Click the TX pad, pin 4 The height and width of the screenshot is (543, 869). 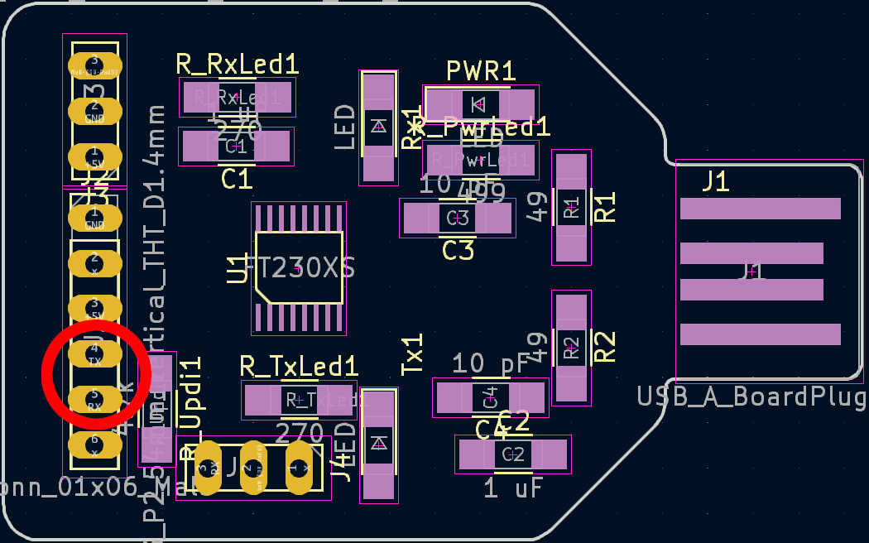(x=94, y=354)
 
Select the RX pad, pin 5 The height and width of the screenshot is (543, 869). (x=94, y=400)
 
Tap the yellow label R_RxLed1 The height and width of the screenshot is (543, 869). (x=238, y=65)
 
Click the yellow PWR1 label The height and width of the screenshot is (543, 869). (x=481, y=71)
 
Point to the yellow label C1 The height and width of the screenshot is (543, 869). (x=237, y=179)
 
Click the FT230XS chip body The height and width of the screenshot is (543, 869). (x=299, y=267)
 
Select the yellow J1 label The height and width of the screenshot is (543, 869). (x=716, y=181)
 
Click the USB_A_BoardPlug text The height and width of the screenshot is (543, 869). (x=752, y=396)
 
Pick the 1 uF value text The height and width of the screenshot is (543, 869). (x=513, y=488)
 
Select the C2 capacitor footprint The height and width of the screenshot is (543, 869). (x=513, y=454)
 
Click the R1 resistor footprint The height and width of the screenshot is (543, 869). (x=572, y=207)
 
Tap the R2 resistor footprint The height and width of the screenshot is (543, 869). (x=572, y=348)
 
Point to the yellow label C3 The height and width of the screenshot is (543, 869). (x=458, y=250)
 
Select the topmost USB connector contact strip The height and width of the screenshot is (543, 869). (x=760, y=209)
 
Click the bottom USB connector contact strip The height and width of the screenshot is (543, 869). (x=760, y=334)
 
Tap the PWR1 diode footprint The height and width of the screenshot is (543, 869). (x=480, y=104)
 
